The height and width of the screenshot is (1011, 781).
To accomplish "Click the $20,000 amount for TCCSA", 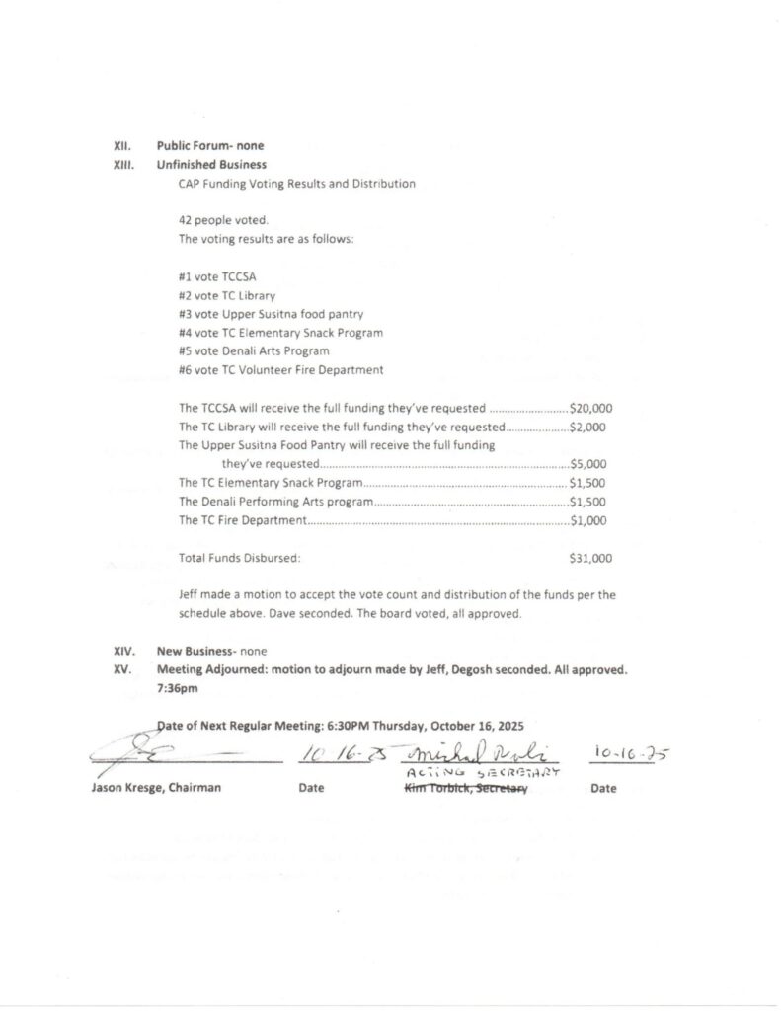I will pyautogui.click(x=590, y=408).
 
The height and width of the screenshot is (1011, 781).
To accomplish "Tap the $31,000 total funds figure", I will pyautogui.click(x=590, y=558).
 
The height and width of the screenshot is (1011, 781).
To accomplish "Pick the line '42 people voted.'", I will pyautogui.click(x=223, y=221).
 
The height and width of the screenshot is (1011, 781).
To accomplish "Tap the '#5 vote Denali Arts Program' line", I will pyautogui.click(x=254, y=351).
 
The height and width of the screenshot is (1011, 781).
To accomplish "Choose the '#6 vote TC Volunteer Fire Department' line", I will pyautogui.click(x=280, y=370).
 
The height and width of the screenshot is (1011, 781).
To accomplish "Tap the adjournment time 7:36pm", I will pyautogui.click(x=178, y=688).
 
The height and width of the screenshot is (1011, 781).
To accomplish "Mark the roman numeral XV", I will pyautogui.click(x=123, y=669).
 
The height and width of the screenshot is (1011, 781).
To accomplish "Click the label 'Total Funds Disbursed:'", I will pyautogui.click(x=239, y=558).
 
